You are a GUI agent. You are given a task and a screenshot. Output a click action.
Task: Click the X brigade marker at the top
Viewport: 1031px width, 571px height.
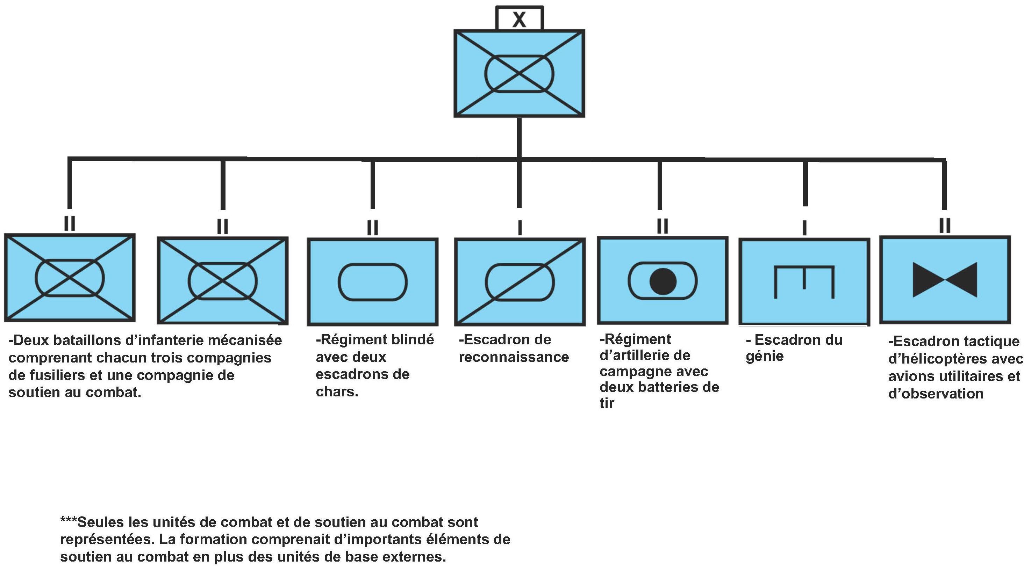pos(519,19)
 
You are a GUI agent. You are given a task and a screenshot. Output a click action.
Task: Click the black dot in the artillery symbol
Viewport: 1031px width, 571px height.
pos(663,281)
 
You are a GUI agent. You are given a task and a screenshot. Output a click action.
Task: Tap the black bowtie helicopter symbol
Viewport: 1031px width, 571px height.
pos(945,279)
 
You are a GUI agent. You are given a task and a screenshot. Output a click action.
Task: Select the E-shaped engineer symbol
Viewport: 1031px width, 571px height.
pos(804,281)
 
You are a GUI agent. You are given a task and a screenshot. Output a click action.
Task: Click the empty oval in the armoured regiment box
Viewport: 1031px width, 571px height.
pos(373,282)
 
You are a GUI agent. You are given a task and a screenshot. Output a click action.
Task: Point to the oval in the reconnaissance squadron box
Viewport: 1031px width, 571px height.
pos(520,282)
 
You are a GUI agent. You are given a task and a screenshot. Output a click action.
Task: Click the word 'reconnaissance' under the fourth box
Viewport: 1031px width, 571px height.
pos(514,357)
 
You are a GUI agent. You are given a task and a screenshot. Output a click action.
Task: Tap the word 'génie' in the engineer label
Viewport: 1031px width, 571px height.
pos(765,356)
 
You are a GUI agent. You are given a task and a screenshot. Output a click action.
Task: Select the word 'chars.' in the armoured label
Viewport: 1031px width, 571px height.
pos(337,391)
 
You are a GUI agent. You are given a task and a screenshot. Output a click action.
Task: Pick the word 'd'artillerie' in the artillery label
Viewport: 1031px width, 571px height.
pos(645,355)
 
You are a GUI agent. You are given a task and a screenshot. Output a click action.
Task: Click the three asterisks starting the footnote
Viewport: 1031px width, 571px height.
pos(68,521)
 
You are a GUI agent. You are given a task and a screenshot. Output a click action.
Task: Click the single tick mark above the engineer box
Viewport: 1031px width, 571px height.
pos(804,228)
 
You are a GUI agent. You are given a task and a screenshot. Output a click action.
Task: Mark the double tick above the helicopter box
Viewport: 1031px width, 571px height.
pos(945,226)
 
